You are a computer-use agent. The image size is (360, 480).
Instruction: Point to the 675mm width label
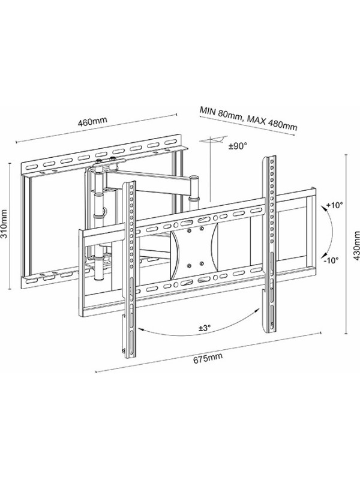[x=205, y=359]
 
